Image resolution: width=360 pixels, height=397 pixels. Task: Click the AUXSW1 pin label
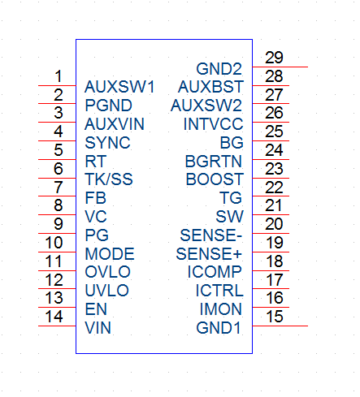[119, 87]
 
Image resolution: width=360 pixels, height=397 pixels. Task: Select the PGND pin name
[108, 106]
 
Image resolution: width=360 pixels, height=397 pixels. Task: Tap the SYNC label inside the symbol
[107, 143]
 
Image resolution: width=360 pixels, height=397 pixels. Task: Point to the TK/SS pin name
[109, 179]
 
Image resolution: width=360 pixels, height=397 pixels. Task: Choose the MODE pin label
[110, 254]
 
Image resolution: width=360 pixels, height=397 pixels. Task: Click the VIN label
[98, 328]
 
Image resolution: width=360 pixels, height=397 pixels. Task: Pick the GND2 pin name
[219, 69]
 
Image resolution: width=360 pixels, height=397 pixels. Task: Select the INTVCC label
[214, 124]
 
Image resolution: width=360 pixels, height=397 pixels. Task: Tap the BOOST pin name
[215, 179]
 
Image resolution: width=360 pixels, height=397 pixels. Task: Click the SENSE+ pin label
[209, 254]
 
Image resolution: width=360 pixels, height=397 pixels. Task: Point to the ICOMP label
[215, 272]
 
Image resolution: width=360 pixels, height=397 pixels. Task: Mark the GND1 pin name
[219, 328]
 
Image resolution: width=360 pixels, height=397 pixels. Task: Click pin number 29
[274, 58]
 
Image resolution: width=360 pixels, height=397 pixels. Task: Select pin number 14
[54, 317]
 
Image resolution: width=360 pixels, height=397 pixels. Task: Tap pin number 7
[59, 187]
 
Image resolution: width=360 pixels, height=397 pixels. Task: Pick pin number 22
[274, 188]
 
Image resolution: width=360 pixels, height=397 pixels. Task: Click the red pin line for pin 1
[57, 85]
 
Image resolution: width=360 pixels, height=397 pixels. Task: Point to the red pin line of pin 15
[280, 326]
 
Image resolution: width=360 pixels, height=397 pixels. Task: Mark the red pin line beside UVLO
[57, 288]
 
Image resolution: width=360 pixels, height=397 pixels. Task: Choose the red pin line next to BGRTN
[271, 159]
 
